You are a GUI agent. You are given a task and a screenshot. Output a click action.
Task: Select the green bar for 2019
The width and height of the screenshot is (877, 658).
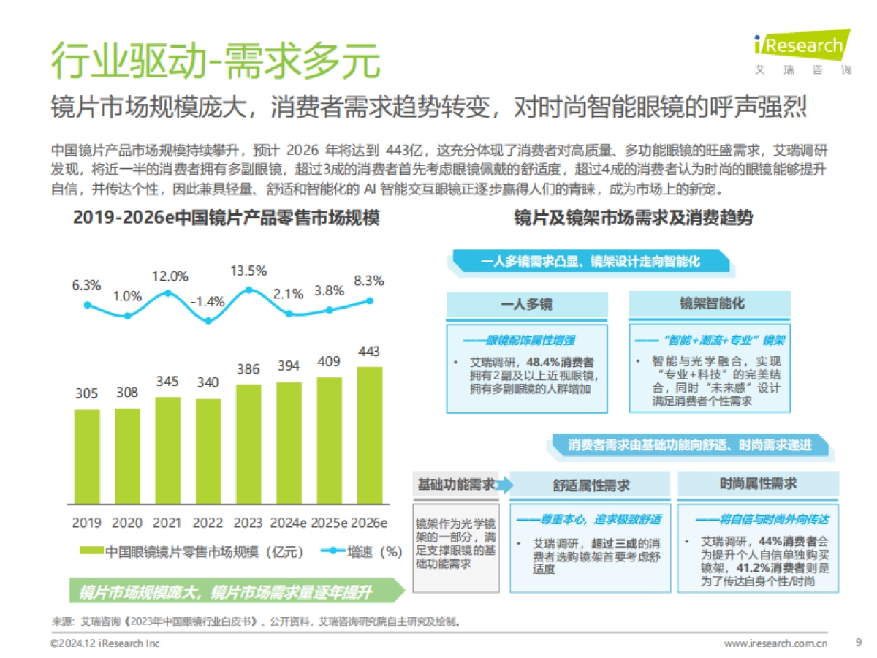coord(87,456)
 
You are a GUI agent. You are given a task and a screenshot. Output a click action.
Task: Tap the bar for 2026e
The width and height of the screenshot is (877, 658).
coord(370,435)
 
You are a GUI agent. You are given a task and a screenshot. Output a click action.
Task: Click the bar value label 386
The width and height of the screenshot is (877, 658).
coord(248,369)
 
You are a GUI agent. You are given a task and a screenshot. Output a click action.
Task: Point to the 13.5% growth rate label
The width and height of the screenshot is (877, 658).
coord(248,271)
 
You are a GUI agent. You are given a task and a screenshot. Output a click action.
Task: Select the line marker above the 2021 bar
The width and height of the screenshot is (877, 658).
coord(168,293)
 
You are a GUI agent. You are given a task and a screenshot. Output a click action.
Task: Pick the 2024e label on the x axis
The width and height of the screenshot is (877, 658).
coord(288,523)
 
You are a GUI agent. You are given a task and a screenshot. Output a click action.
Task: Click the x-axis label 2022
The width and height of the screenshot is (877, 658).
coord(208,523)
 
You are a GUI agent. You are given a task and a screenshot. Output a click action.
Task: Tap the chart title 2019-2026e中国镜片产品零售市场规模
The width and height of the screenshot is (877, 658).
coord(227,219)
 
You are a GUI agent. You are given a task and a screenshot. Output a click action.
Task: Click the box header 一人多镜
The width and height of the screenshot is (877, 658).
coord(526,305)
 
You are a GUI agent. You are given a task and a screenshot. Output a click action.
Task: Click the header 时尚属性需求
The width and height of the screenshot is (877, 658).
coord(758,484)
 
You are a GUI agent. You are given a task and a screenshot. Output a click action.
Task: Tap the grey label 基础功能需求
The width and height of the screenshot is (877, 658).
coord(455,485)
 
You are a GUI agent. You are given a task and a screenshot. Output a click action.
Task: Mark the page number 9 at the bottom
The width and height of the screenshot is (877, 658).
coord(858,643)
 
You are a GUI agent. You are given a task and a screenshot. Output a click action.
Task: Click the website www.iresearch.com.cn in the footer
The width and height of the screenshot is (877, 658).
coord(775,643)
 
